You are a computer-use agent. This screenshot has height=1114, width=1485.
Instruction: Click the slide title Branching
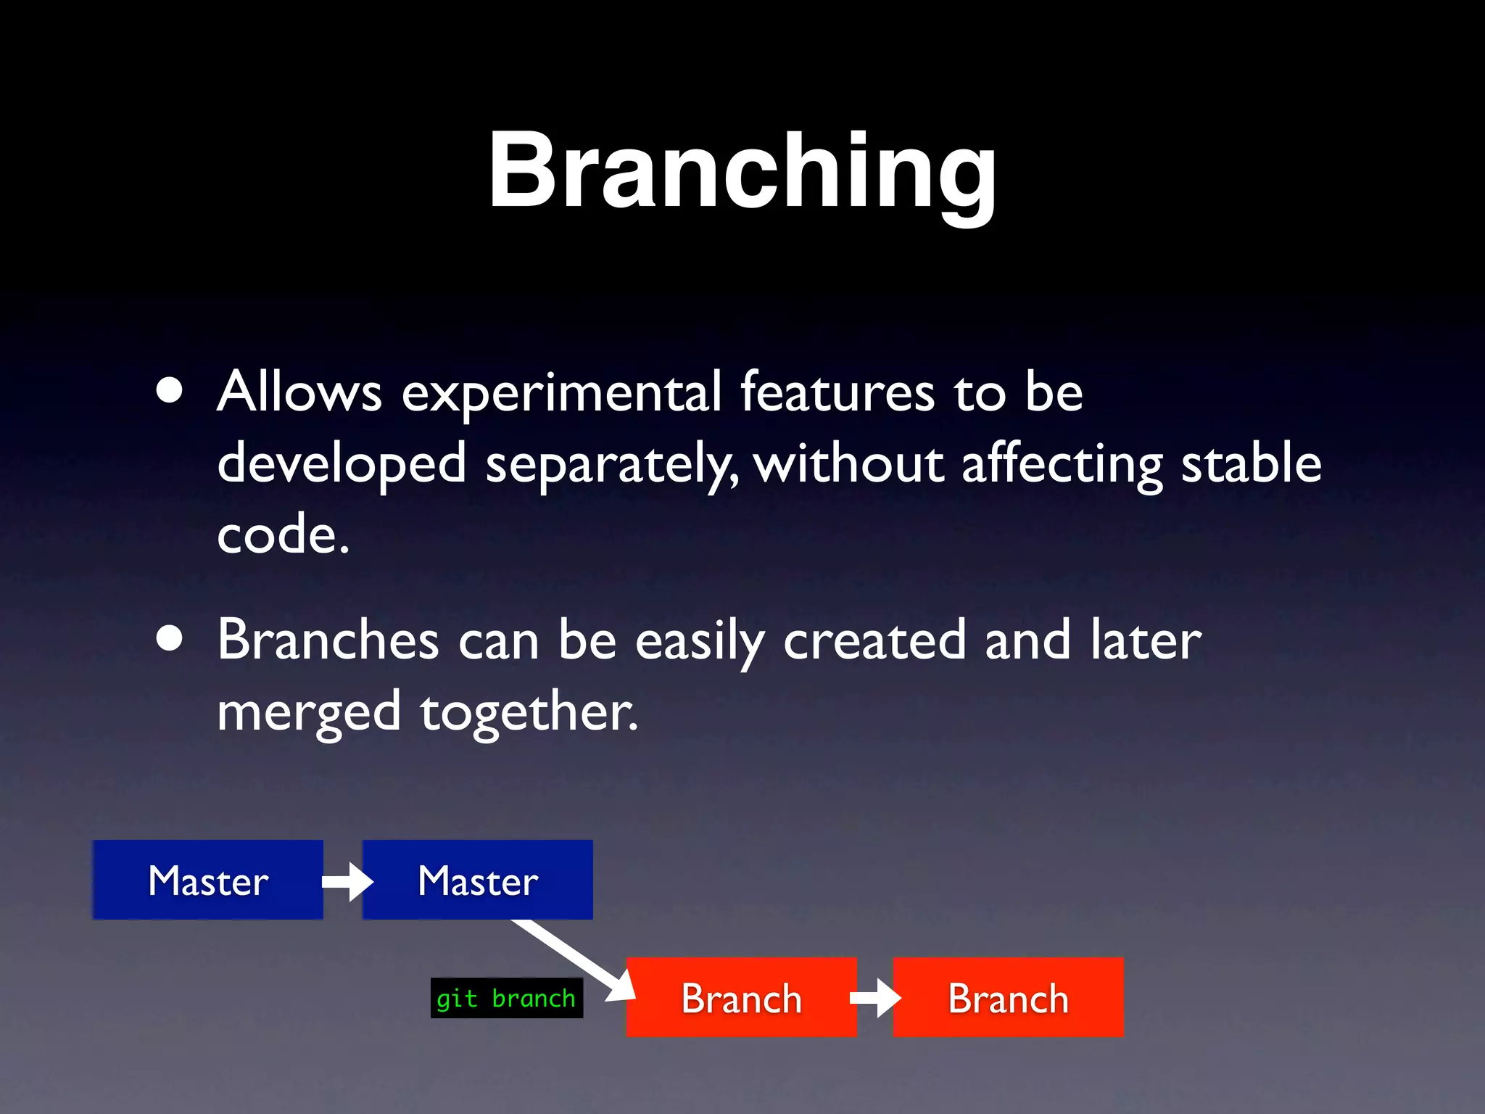coord(742,171)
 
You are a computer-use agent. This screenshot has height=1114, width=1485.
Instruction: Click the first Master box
coord(208,880)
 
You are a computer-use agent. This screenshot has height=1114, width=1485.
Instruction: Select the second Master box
coord(478,880)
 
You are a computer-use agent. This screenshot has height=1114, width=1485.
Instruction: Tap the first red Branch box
coord(741,997)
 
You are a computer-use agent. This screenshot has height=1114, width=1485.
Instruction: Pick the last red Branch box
coord(1008,997)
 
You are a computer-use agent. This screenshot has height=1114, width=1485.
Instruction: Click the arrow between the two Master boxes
coord(347,881)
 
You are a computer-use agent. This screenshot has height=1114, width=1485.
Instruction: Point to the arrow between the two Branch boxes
coord(875,998)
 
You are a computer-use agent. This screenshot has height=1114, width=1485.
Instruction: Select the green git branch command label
coord(506,999)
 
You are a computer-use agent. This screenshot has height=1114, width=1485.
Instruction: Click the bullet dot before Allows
coord(170,390)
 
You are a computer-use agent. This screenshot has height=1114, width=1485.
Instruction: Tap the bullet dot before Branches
coord(170,638)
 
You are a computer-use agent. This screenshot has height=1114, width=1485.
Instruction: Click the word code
coord(283,534)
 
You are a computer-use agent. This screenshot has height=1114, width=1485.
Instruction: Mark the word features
coord(837,392)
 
